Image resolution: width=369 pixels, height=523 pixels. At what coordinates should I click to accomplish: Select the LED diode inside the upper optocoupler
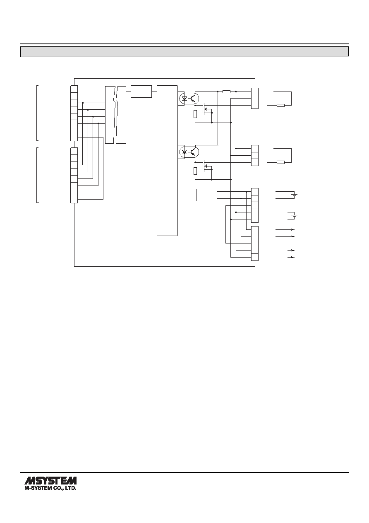click(x=184, y=98)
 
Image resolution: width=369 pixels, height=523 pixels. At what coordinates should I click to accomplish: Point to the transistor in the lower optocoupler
click(x=193, y=152)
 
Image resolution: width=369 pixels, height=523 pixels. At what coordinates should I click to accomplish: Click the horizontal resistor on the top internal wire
click(x=226, y=92)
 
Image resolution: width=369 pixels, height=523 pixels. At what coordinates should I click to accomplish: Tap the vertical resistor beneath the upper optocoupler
click(x=196, y=114)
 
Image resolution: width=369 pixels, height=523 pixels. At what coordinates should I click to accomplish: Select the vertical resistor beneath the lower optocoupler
click(x=196, y=171)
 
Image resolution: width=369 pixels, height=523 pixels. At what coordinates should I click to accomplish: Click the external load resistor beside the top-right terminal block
click(x=280, y=105)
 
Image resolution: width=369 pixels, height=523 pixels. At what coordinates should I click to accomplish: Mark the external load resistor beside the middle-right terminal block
click(x=280, y=162)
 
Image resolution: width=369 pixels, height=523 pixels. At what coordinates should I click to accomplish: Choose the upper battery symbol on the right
click(x=295, y=195)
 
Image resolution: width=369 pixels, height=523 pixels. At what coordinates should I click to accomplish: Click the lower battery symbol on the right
click(x=295, y=215)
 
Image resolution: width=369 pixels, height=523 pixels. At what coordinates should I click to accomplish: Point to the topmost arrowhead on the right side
click(x=293, y=230)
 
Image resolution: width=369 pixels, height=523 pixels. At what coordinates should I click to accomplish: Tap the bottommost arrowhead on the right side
click(x=293, y=257)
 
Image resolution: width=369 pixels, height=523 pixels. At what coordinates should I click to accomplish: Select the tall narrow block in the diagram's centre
click(x=167, y=161)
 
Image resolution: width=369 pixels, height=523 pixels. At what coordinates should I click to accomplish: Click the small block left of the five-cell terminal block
click(x=206, y=195)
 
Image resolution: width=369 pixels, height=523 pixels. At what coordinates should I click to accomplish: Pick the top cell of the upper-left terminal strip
click(x=74, y=89)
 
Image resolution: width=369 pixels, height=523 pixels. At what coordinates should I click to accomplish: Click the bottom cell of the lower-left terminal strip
click(x=74, y=200)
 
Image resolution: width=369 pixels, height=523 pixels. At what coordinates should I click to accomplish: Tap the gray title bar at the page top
click(x=184, y=51)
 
